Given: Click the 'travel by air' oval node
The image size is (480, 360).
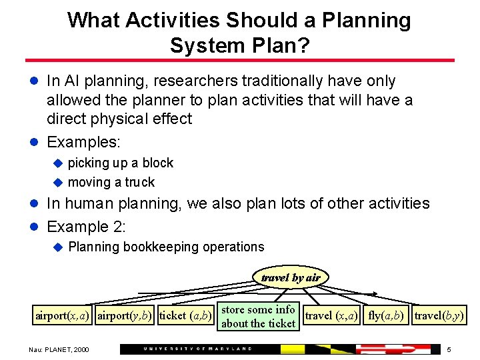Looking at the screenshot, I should point(291,277).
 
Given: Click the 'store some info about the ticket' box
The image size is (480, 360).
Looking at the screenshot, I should point(258,317).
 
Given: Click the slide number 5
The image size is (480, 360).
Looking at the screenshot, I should point(449,349).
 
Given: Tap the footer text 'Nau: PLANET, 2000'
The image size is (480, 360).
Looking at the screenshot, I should point(58,349).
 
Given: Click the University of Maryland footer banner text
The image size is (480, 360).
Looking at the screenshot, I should point(198,349).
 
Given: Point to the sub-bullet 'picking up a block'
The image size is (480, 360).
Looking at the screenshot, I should point(120,163).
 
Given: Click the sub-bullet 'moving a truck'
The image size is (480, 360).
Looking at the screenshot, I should point(111,182).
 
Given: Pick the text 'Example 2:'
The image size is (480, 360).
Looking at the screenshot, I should point(86,226).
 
